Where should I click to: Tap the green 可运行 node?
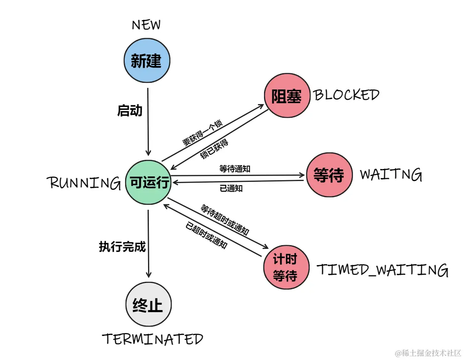(x=148, y=183)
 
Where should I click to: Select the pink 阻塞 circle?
(x=287, y=95)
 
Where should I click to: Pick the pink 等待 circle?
(x=328, y=175)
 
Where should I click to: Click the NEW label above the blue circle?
(x=146, y=25)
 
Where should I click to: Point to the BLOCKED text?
(x=346, y=95)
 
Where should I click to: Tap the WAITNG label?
(x=391, y=174)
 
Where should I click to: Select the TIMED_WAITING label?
(x=383, y=270)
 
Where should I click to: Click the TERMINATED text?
(x=153, y=339)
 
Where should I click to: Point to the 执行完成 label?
(x=122, y=247)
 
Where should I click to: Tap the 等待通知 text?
(x=234, y=169)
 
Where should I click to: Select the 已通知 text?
(x=231, y=188)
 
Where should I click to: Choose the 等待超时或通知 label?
(x=225, y=220)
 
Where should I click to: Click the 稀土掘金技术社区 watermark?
(x=428, y=353)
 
